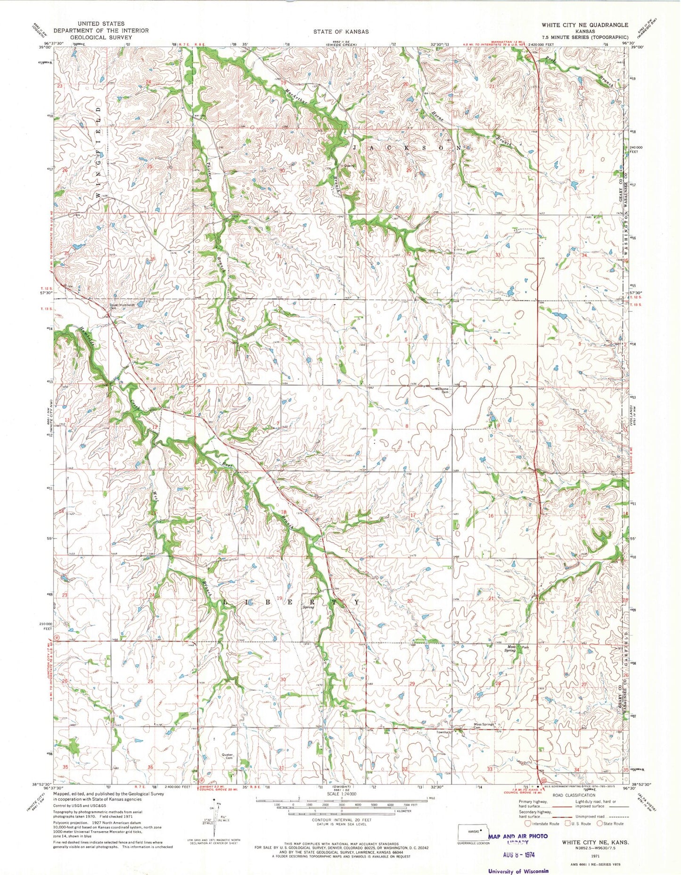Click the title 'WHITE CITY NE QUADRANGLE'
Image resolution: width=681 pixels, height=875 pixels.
click(x=584, y=25)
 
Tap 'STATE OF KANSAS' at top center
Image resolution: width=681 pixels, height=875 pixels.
click(x=340, y=32)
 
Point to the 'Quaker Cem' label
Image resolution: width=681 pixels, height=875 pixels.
click(x=228, y=756)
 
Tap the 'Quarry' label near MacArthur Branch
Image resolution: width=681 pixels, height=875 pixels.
click(x=349, y=166)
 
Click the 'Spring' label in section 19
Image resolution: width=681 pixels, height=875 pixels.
click(x=308, y=607)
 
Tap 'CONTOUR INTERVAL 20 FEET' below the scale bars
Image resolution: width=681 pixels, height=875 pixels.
click(x=341, y=820)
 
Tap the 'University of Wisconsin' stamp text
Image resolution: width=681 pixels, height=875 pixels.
click(x=518, y=871)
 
